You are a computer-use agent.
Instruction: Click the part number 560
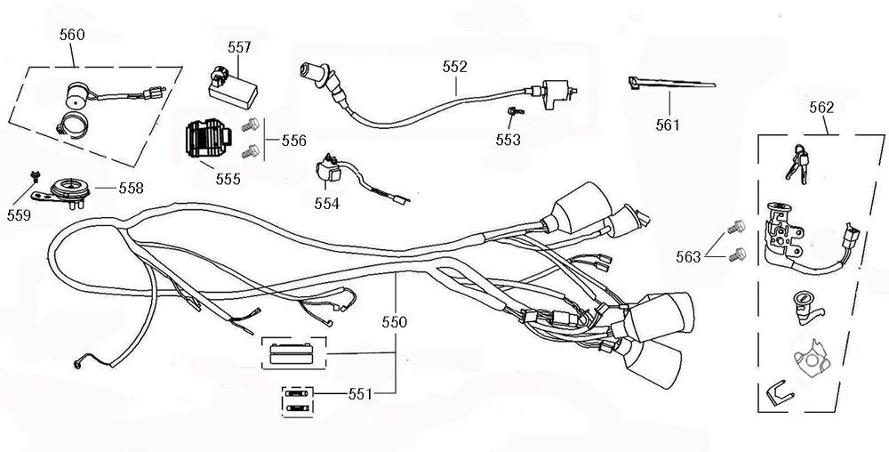[72, 35]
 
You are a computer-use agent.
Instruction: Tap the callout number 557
[239, 47]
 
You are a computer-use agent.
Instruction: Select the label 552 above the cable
[455, 66]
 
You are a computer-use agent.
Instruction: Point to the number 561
[667, 125]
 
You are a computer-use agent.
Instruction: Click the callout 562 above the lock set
[821, 108]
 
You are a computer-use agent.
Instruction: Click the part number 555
[227, 179]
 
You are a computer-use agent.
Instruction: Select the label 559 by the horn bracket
[18, 215]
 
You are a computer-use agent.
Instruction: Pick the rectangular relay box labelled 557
[230, 85]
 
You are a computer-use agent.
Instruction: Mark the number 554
[327, 204]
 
